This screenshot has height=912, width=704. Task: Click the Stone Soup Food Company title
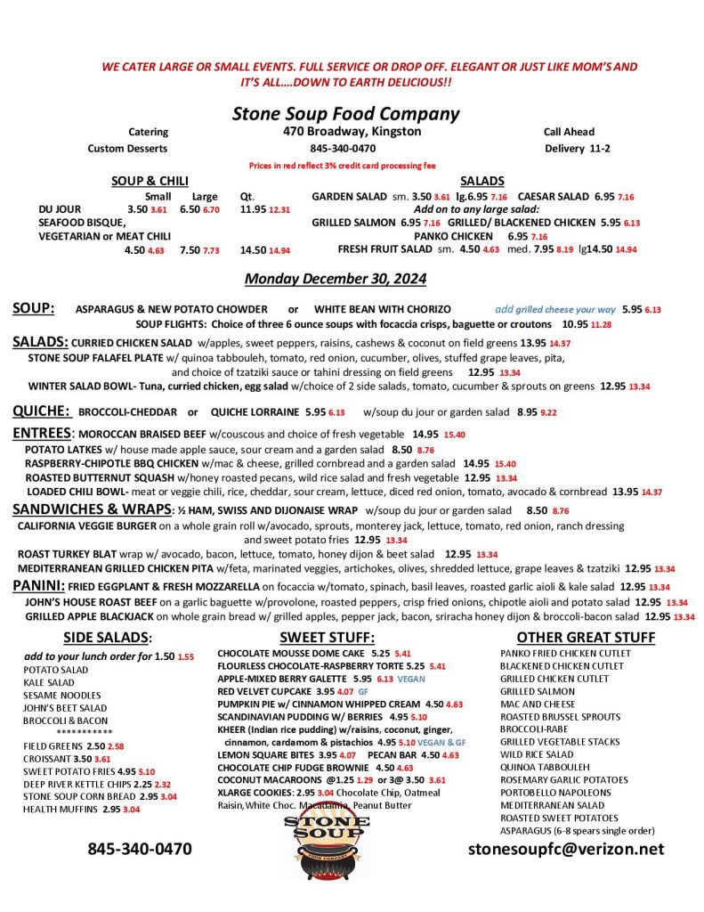coord(345,114)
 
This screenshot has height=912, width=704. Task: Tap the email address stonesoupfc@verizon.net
coord(566,849)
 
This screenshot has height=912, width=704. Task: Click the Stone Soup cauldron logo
coord(330,839)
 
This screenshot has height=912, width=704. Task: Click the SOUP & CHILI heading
coord(149,181)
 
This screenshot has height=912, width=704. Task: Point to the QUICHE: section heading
coord(41,411)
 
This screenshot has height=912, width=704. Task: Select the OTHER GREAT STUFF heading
coord(586,637)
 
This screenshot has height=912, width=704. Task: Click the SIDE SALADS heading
coord(108,637)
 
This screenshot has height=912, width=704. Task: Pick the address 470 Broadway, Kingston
coord(347,132)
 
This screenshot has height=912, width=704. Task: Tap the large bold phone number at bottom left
coord(139,849)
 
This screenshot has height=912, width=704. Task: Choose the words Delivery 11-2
coord(577,149)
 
